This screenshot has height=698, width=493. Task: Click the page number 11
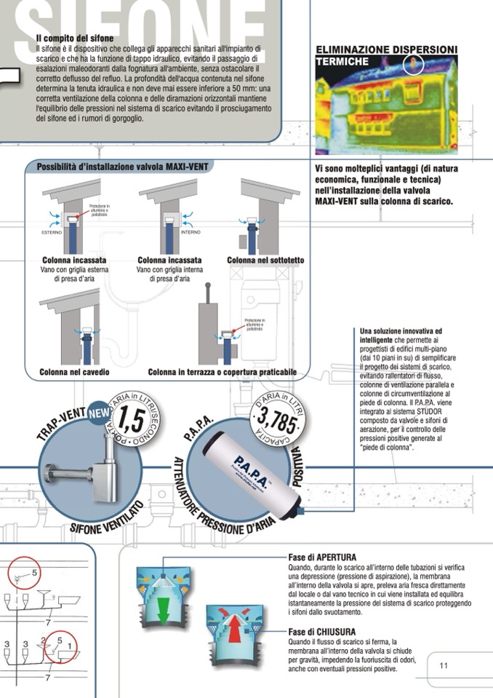[444, 665]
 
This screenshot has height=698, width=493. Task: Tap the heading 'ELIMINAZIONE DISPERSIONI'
[386, 49]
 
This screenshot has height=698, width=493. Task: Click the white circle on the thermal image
[413, 66]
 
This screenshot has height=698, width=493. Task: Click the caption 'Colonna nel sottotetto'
[265, 260]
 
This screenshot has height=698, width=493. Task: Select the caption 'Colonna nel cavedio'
[74, 372]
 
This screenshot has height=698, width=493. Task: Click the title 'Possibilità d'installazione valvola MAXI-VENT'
[122, 167]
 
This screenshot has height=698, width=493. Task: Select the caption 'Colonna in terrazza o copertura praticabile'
[222, 372]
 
